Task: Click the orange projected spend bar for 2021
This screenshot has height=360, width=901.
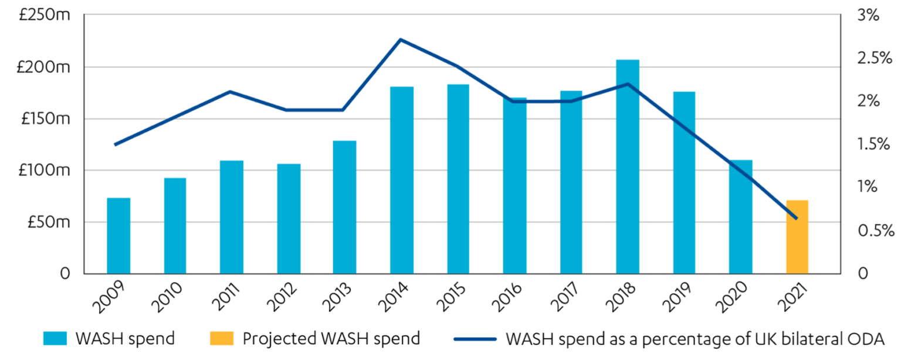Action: [797, 237]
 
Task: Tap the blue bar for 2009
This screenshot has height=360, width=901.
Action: [118, 236]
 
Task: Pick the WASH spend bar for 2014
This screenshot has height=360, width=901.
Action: [402, 180]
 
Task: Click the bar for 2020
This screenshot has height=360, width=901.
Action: [741, 217]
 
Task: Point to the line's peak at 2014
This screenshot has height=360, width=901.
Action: [400, 40]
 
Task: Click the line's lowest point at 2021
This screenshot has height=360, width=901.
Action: [797, 218]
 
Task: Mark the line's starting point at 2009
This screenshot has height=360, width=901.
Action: [116, 144]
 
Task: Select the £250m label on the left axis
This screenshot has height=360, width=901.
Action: [44, 15]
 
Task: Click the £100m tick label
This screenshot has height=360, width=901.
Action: [44, 171]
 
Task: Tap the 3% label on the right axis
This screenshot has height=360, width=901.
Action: [868, 15]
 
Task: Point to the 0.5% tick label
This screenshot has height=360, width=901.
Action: [875, 230]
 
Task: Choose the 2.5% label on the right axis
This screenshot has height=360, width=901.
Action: [874, 59]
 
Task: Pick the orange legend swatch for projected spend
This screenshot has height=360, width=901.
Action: [222, 338]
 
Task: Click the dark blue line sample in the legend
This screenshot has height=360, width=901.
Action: [475, 338]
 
